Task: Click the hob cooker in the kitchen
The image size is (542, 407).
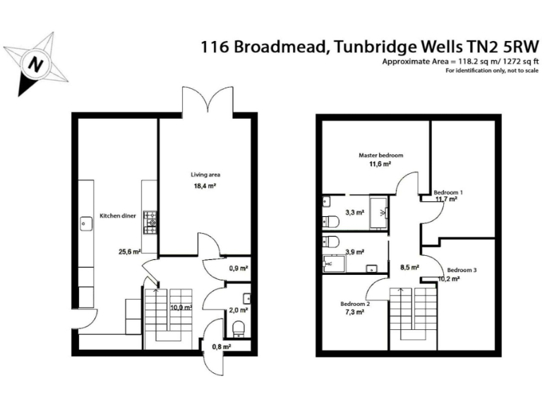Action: tap(150, 222)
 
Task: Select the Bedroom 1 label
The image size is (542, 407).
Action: tap(448, 191)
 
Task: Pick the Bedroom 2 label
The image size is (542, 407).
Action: tap(355, 303)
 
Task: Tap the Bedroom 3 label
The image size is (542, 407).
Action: tap(462, 270)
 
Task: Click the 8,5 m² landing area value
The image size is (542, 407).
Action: tap(410, 268)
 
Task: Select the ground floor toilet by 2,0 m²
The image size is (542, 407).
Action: tap(238, 328)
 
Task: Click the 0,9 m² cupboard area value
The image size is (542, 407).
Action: tap(239, 269)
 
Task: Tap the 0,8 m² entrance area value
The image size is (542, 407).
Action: tap(222, 346)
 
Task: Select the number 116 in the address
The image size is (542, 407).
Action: tap(215, 47)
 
